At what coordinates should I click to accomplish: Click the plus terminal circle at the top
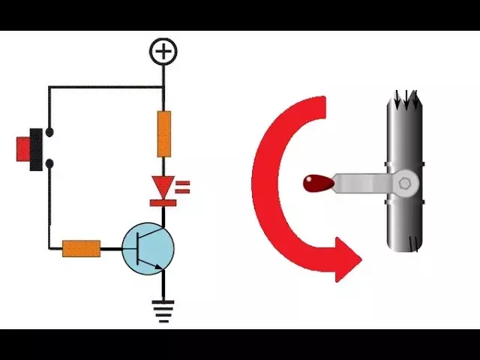point(163,51)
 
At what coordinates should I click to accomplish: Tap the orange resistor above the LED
point(163,133)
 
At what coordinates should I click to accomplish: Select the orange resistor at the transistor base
point(81,248)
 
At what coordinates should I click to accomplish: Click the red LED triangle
point(163,185)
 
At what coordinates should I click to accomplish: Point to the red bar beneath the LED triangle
point(163,201)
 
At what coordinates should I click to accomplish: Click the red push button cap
point(22,148)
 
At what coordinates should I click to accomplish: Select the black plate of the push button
point(35,149)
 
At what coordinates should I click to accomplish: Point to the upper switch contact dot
point(49,133)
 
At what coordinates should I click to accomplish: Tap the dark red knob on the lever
point(316,182)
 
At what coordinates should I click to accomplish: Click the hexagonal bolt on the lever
point(405,182)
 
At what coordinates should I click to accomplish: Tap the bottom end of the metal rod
point(404,244)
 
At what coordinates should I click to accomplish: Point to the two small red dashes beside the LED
point(183,186)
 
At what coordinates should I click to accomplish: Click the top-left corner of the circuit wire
point(49,87)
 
